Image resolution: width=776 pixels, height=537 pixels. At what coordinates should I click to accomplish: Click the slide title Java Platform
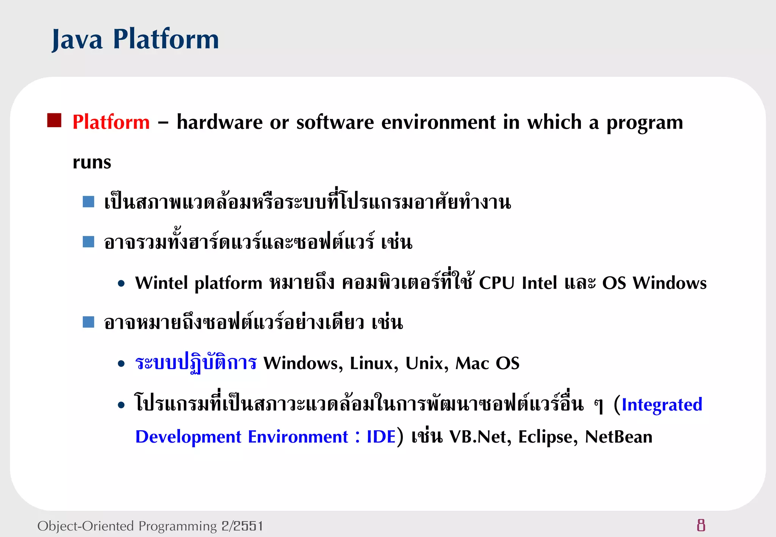coord(135,39)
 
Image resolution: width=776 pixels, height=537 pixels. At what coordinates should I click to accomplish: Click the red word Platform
coord(111,122)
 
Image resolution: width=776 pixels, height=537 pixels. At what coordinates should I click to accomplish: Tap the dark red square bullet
coord(54,120)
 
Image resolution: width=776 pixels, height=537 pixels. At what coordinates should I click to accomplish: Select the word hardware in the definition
coord(219,122)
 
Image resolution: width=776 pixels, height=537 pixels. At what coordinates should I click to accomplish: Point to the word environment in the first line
coord(438,122)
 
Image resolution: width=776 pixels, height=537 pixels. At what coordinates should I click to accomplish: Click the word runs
coord(92,163)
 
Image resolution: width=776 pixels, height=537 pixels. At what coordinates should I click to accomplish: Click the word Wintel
coord(161,283)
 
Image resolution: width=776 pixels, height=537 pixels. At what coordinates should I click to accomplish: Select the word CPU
coord(497,283)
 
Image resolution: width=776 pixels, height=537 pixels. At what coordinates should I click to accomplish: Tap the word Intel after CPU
coord(539,283)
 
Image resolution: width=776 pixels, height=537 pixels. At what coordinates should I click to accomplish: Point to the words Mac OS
coord(487,363)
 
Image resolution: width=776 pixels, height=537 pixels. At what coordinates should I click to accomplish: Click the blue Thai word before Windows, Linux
coord(196,363)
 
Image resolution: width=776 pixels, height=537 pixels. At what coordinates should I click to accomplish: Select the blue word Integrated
coord(662,404)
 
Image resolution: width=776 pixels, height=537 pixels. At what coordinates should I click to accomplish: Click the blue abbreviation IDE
coord(381,437)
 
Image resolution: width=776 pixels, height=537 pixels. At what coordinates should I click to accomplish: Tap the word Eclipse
coord(547,437)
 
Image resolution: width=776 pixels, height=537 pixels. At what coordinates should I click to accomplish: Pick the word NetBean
coord(618,437)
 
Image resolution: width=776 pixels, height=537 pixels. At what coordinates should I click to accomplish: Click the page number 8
coord(701,525)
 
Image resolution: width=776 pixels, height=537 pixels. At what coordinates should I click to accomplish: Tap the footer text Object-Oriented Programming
coord(127,526)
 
